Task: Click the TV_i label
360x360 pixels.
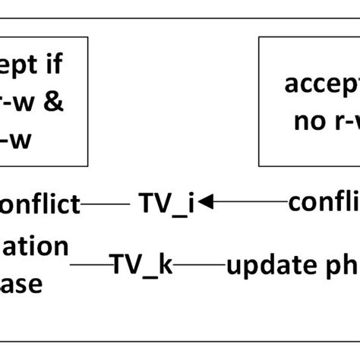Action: pos(166,204)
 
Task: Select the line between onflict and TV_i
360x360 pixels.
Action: pos(106,204)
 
